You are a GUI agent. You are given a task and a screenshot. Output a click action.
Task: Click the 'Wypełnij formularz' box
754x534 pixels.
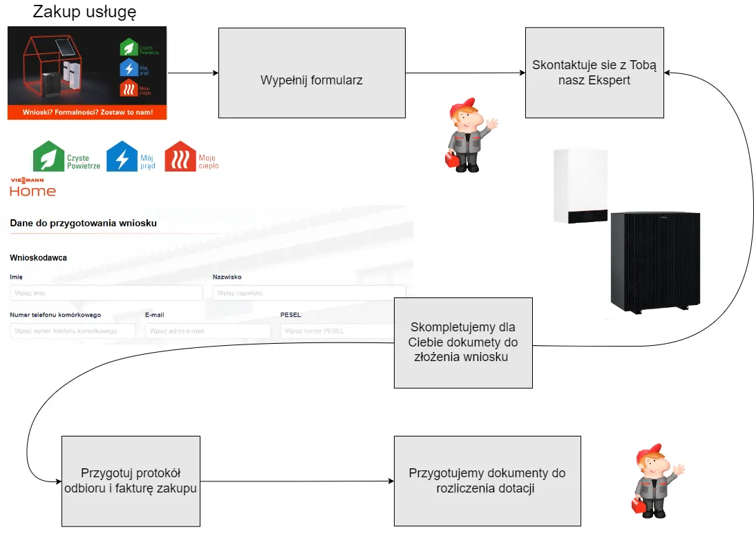[312, 73]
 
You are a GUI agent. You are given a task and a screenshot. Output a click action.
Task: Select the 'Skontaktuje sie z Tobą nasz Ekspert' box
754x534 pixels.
[594, 73]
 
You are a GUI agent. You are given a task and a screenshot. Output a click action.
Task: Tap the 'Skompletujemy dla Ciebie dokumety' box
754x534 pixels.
[463, 342]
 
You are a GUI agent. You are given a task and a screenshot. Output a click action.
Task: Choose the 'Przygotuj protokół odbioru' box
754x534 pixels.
[131, 481]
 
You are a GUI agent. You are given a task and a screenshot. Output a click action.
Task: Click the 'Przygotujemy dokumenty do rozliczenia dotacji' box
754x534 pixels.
[487, 481]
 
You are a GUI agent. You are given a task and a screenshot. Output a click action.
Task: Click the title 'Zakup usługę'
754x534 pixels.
[85, 12]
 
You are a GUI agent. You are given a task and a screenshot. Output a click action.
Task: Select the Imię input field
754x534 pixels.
[106, 293]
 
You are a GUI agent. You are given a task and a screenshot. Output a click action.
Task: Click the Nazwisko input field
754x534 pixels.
[309, 293]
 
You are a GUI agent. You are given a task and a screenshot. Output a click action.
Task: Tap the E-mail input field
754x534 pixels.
[207, 331]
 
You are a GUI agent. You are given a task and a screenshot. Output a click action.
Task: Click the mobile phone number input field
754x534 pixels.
[73, 331]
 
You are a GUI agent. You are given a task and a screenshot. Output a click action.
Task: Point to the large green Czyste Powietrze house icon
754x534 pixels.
[48, 157]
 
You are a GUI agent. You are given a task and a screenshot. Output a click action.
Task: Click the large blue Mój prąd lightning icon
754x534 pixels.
[122, 157]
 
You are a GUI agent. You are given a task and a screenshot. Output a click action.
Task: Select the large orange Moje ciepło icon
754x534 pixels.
[180, 157]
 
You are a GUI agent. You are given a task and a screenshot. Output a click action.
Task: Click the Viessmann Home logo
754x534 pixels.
[32, 187]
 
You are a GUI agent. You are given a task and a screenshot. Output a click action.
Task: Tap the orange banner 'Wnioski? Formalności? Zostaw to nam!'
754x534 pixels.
[87, 112]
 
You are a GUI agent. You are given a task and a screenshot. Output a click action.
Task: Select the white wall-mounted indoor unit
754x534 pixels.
[581, 187]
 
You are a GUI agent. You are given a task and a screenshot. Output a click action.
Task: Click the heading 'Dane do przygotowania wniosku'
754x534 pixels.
[83, 223]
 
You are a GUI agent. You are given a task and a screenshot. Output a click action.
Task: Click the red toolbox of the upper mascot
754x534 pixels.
[451, 160]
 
